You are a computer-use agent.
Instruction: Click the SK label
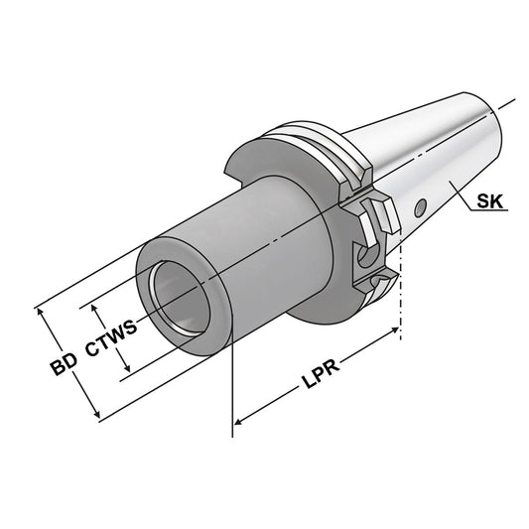490,201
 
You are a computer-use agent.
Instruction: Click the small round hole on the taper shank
419,207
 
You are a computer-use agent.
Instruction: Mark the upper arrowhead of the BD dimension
43,311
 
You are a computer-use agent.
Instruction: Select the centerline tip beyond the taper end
514,102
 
